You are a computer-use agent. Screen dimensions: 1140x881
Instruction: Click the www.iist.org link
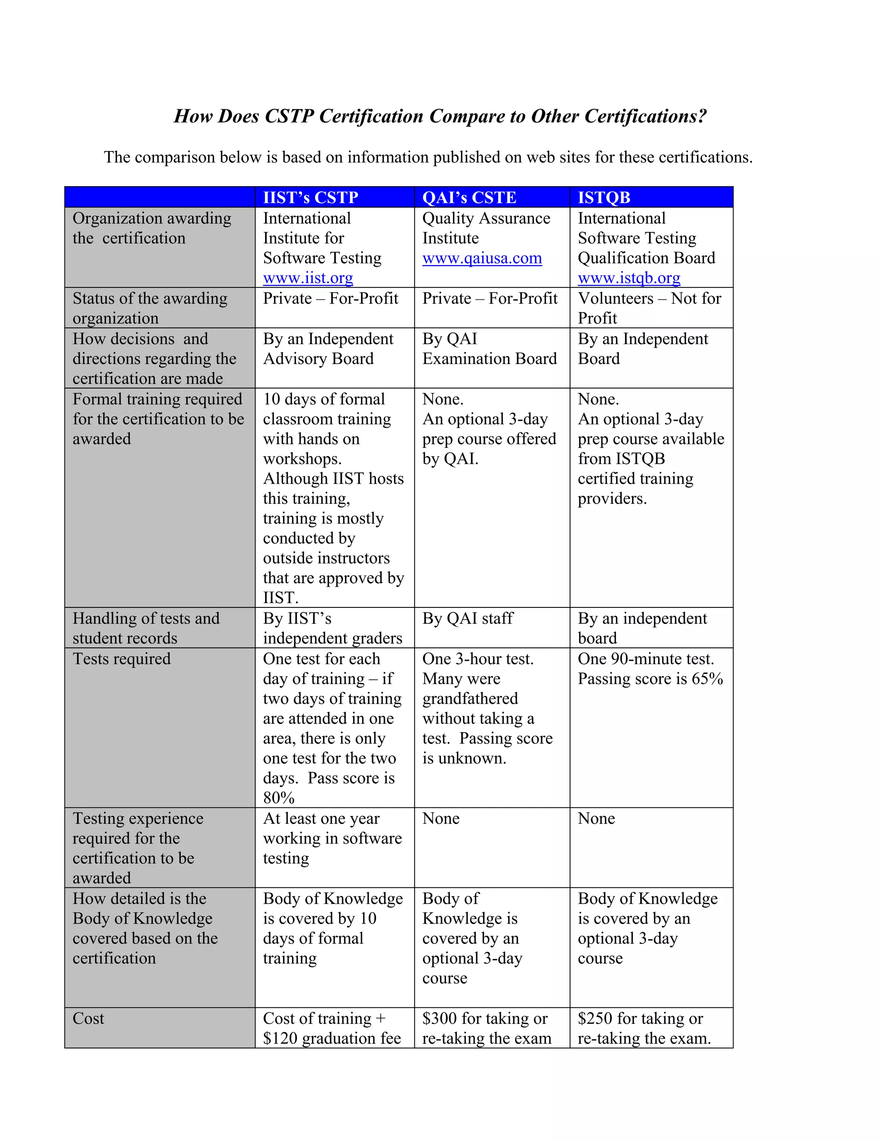(308, 278)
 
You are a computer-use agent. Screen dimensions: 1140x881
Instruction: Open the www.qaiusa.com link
(482, 259)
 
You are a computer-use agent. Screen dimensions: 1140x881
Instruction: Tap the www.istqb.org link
(628, 278)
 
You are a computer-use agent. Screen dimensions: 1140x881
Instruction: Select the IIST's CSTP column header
(311, 198)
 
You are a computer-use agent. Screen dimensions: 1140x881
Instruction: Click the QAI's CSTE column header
(469, 198)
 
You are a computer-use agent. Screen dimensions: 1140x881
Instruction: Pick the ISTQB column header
(604, 198)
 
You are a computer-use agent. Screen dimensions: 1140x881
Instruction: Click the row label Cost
(88, 1018)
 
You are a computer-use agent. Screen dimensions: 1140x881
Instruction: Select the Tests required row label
(122, 659)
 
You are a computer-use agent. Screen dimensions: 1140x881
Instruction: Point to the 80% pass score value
(279, 798)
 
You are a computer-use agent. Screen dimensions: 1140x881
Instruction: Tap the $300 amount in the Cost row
(439, 1018)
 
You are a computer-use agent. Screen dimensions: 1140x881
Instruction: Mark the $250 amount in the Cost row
(595, 1018)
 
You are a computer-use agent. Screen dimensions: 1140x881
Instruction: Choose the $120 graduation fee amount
(280, 1038)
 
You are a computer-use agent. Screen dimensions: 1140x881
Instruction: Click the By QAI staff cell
(468, 619)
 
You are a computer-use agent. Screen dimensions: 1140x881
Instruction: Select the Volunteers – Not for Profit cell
(649, 308)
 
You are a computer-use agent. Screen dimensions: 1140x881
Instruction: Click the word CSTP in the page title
(289, 116)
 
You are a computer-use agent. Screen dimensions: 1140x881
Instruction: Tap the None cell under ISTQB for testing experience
(596, 819)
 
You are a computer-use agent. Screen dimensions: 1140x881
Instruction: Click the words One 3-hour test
(477, 659)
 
